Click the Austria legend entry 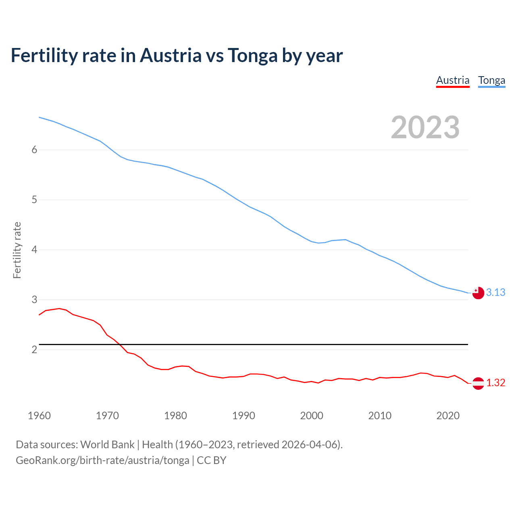tap(453, 80)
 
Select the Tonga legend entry tap(491, 80)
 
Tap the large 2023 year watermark tap(425, 127)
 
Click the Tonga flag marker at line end tap(478, 293)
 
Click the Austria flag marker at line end tap(478, 383)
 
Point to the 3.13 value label tap(495, 293)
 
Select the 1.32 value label tap(495, 383)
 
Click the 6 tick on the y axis tap(34, 150)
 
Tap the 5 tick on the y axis tap(34, 200)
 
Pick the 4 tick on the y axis tap(34, 250)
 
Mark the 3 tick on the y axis tap(34, 300)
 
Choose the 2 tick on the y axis tap(34, 350)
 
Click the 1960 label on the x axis tap(39, 416)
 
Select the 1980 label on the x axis tap(175, 416)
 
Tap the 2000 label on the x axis tap(312, 416)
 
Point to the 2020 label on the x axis tap(448, 416)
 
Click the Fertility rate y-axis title tap(17, 250)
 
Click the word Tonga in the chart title tap(252, 56)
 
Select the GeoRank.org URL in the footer tap(102, 460)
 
